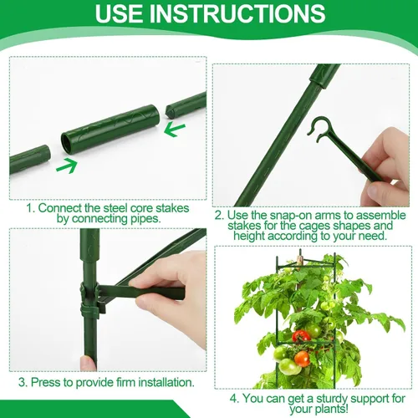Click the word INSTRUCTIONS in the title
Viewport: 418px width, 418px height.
239,13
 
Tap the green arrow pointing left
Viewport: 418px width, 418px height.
175,130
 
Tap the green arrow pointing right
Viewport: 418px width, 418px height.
67,166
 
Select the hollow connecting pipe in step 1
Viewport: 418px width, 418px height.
110,129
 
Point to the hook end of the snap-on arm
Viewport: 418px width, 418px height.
319,129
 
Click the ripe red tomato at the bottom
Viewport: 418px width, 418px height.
302,359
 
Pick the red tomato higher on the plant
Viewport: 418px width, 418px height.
301,336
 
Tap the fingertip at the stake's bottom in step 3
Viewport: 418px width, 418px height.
88,363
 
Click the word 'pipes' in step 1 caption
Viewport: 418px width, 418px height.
145,219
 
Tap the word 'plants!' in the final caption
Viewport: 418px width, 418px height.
331,410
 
